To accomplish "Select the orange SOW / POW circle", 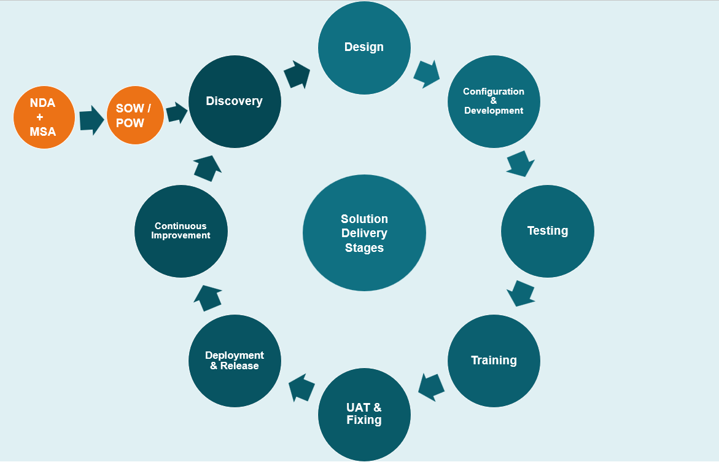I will click(x=135, y=115).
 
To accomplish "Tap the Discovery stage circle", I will click(x=235, y=101).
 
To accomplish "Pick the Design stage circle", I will click(x=364, y=48).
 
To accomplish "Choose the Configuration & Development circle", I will click(x=494, y=101).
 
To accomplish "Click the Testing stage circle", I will click(x=548, y=231).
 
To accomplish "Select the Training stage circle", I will click(x=494, y=361).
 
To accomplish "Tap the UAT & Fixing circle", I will click(x=364, y=414).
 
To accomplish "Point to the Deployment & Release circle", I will click(x=235, y=361).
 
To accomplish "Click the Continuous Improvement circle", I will click(x=181, y=231).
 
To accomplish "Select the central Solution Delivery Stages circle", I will click(x=364, y=233).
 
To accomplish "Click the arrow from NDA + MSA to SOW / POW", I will click(x=91, y=120).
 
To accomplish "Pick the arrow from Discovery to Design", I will click(x=297, y=75).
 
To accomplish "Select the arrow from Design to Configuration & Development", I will click(x=427, y=74).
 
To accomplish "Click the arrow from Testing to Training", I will click(x=521, y=293).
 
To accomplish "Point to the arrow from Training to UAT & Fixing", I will click(x=432, y=386).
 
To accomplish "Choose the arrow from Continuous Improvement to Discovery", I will click(x=208, y=168).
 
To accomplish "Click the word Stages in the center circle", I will click(x=364, y=248).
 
